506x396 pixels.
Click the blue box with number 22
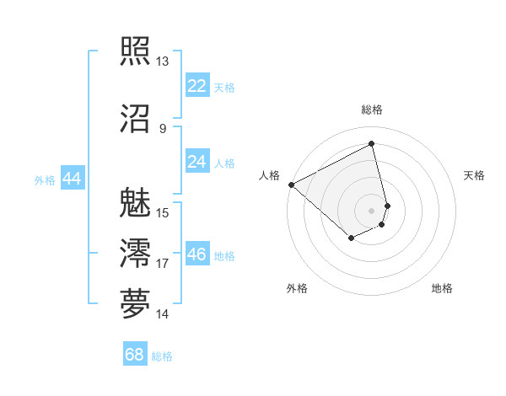[197, 85]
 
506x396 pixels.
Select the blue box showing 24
[197, 162]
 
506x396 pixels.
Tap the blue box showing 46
[197, 254]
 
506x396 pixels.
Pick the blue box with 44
[72, 179]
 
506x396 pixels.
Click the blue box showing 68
[135, 356]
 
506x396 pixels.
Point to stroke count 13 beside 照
[162, 62]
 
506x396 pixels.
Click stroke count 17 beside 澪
[162, 264]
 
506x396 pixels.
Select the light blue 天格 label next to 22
[224, 87]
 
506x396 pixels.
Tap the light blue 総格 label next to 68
[162, 357]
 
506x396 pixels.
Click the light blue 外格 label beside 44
[45, 180]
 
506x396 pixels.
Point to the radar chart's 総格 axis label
[372, 110]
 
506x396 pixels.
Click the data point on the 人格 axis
[291, 185]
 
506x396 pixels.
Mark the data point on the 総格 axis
[372, 144]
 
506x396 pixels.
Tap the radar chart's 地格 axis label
[442, 288]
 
